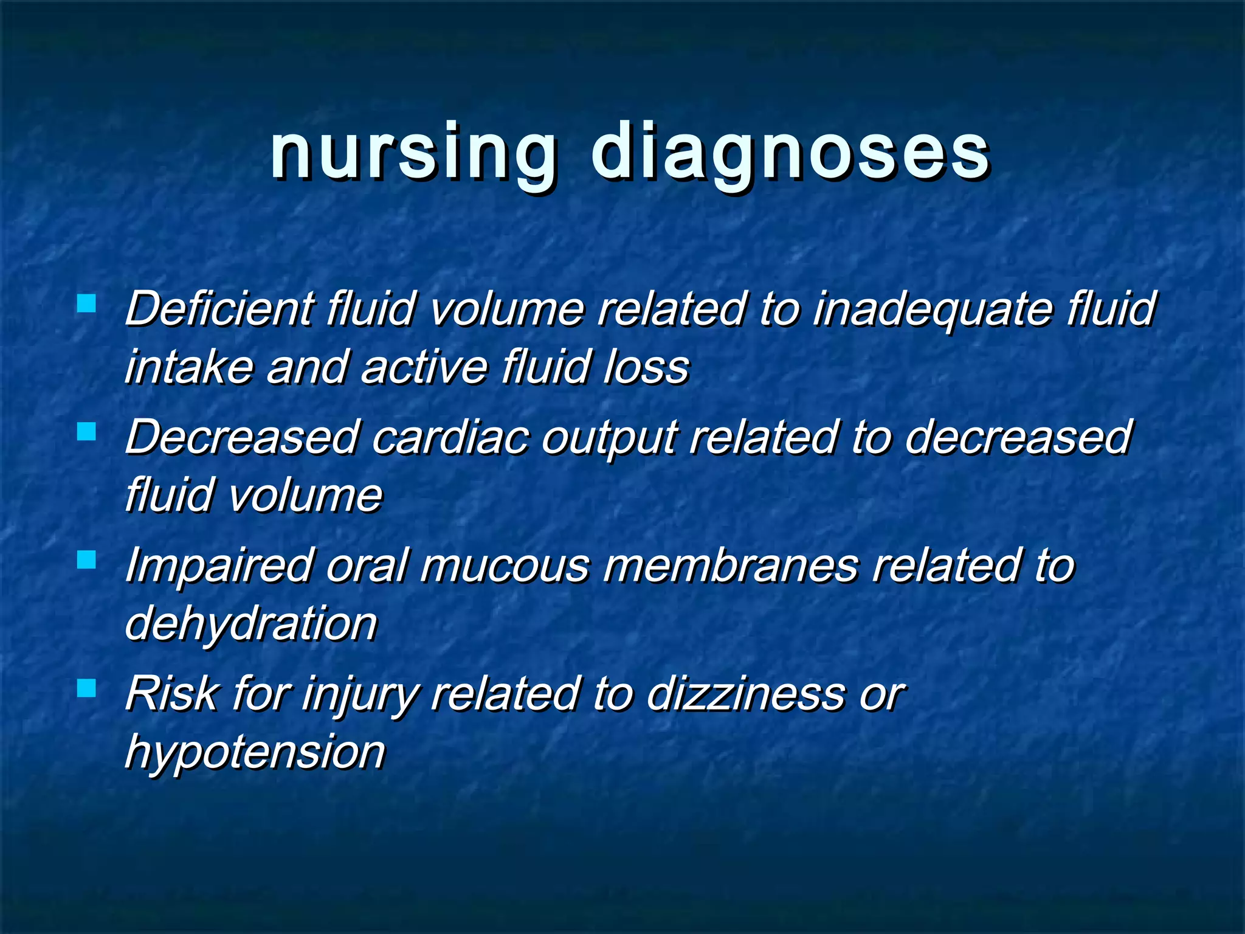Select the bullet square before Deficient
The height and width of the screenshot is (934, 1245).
point(87,303)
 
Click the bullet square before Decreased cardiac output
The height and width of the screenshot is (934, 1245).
point(87,431)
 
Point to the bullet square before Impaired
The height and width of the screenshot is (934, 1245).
point(87,559)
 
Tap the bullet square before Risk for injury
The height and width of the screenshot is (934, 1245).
point(87,688)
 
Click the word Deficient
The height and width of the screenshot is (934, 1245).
point(219,309)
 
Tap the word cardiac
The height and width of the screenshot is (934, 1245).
point(450,437)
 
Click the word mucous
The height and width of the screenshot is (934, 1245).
point(505,566)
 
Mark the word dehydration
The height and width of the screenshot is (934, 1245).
point(251,624)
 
